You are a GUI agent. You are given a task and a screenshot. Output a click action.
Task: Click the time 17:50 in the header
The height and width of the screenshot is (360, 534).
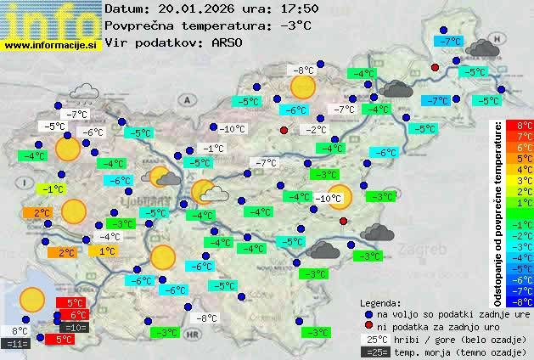[x=301, y=8]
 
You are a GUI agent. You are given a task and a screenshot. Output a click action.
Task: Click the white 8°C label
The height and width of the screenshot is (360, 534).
[x=20, y=331]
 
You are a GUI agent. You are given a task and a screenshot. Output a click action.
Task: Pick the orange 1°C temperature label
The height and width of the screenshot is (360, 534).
[x=107, y=251]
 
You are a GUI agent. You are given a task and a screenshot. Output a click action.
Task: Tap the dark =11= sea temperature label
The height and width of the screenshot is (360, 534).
[x=17, y=344]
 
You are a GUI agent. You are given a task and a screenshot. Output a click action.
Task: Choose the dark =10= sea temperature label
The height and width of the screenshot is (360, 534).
[x=74, y=328]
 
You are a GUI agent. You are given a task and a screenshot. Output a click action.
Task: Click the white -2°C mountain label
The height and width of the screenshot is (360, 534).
[x=316, y=130]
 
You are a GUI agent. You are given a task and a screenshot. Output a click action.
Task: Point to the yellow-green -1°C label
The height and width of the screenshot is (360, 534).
[x=53, y=188]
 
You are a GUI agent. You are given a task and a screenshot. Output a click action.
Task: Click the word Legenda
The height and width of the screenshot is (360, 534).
[x=381, y=302]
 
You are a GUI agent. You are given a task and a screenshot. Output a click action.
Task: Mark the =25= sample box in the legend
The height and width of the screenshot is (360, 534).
[x=379, y=352]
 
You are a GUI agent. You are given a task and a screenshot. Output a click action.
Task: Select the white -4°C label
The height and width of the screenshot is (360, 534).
[x=109, y=237]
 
